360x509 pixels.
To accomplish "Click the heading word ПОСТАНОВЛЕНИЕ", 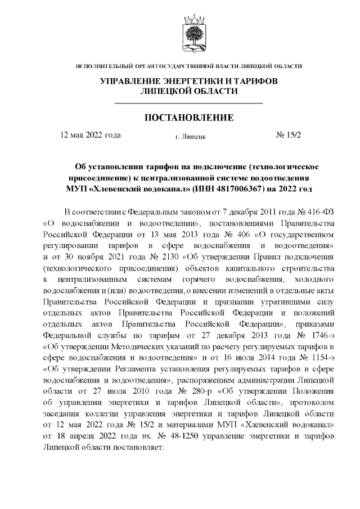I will (189, 118).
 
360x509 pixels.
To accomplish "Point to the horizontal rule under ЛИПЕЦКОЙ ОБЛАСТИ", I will (189, 104).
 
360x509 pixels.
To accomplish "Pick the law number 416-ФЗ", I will (305, 212).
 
